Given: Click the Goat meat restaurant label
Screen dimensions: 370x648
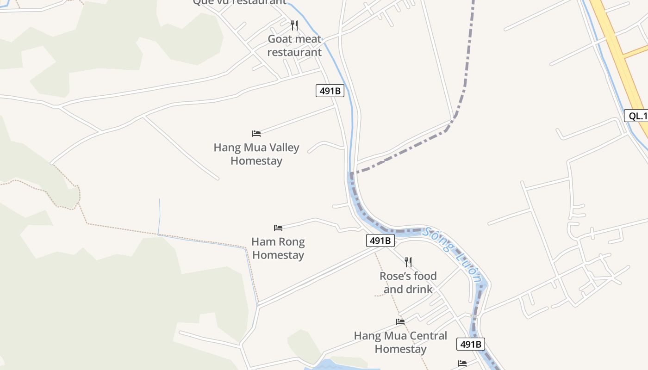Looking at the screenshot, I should coord(294,45).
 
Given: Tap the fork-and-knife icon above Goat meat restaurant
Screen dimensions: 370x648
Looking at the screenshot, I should coord(294,25).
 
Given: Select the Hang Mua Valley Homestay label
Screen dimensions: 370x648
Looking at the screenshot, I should coord(256,154).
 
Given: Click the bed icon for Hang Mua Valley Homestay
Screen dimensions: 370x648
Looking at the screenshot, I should coord(256,134).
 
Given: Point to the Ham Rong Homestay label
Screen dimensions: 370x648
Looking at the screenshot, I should coord(278,248).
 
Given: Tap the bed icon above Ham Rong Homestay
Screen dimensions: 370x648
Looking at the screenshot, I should coord(278,228).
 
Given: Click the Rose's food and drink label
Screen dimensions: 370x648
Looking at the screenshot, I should coord(408,283).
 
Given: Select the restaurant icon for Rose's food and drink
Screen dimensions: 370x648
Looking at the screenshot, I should coord(408,262).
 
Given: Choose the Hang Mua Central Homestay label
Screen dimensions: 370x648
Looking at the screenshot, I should coord(400,342).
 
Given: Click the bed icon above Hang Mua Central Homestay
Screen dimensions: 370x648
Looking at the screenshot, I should coord(400,322).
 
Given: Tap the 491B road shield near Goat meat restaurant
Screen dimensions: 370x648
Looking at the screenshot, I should coord(330,91).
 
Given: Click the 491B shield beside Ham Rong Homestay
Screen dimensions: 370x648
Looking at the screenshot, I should coord(380,240).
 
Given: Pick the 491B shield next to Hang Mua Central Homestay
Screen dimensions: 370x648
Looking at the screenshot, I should coord(471,344).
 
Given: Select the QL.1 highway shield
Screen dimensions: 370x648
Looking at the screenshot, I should coord(637,116).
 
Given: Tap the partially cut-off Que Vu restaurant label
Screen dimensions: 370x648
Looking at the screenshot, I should coord(239,2).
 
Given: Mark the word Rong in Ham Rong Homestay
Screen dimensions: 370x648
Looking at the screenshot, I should coord(293,242).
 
